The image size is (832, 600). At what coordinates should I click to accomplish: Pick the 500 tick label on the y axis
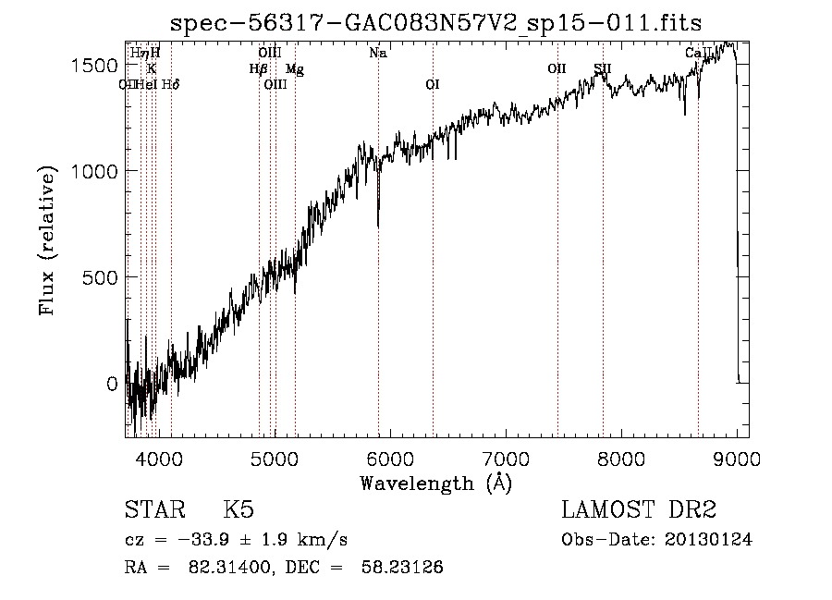103,277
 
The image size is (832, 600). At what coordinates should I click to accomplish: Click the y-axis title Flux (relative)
47,240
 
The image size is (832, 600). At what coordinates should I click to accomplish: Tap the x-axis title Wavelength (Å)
435,484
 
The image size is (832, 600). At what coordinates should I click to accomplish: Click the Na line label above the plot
377,54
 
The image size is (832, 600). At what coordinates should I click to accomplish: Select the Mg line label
294,69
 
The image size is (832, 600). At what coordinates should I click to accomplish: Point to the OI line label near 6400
432,85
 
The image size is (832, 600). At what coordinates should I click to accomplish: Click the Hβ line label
258,69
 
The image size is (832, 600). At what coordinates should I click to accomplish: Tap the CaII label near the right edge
699,54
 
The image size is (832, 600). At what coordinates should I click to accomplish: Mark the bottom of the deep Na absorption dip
378,225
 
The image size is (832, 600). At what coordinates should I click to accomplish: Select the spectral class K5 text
239,510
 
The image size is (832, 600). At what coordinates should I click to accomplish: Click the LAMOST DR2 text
639,510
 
